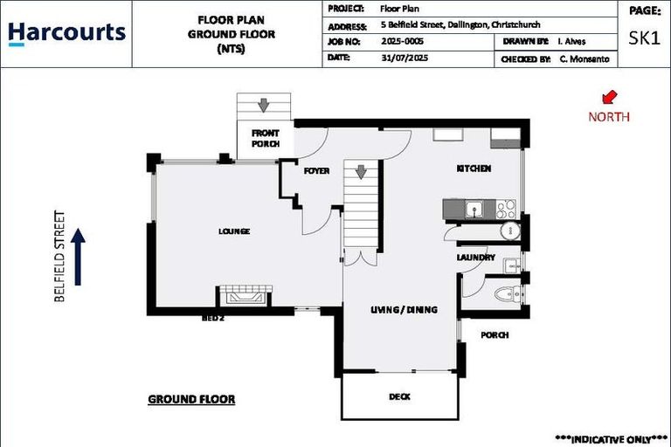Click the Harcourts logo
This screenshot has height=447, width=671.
point(66,33)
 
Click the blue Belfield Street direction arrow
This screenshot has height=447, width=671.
point(78,257)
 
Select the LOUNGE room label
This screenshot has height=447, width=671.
point(234,231)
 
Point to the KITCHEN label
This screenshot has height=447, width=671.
point(474,168)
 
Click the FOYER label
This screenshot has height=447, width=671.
point(316,171)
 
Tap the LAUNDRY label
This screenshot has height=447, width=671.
point(475,258)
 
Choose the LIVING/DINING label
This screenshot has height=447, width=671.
point(404,310)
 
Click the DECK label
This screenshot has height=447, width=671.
point(399,396)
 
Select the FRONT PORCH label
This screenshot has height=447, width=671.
point(265,138)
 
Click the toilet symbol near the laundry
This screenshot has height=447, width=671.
point(505,293)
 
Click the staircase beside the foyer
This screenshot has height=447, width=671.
point(360,206)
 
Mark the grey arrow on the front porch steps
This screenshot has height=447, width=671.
point(263,106)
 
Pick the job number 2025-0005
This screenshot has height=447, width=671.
point(403,41)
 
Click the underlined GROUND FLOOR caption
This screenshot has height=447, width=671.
point(191,400)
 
